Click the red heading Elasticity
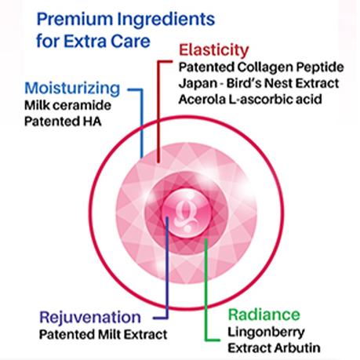[214, 50]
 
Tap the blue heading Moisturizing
[72, 89]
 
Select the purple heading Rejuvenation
[90, 318]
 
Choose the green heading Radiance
[264, 315]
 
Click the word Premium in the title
[75, 20]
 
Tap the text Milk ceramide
[67, 105]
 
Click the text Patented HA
[63, 122]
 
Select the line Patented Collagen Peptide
[261, 67]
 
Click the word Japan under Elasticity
[198, 83]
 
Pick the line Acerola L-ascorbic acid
[250, 100]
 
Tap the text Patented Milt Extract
[103, 334]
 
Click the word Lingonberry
[266, 333]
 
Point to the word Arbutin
[297, 348]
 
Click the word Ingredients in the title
[166, 20]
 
